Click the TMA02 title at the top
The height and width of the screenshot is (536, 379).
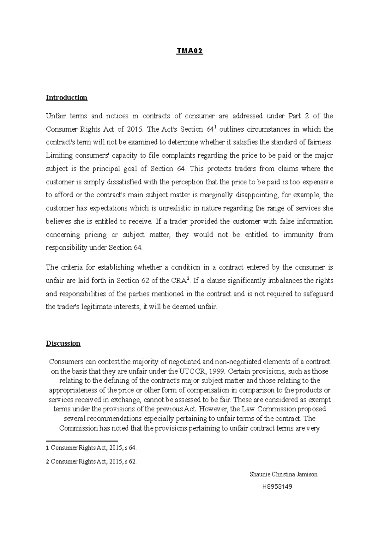pyautogui.click(x=189, y=51)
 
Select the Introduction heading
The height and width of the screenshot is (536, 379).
pyautogui.click(x=66, y=98)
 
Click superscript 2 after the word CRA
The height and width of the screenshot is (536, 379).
pyautogui.click(x=188, y=278)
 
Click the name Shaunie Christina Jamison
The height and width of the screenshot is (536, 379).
pyautogui.click(x=283, y=474)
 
